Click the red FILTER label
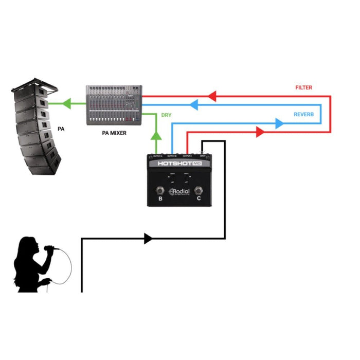303,88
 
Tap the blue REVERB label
303,114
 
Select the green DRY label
167,115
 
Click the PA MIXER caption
116,133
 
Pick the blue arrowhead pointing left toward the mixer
194,105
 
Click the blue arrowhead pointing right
279,123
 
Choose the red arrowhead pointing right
259,132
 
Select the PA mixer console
114,106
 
